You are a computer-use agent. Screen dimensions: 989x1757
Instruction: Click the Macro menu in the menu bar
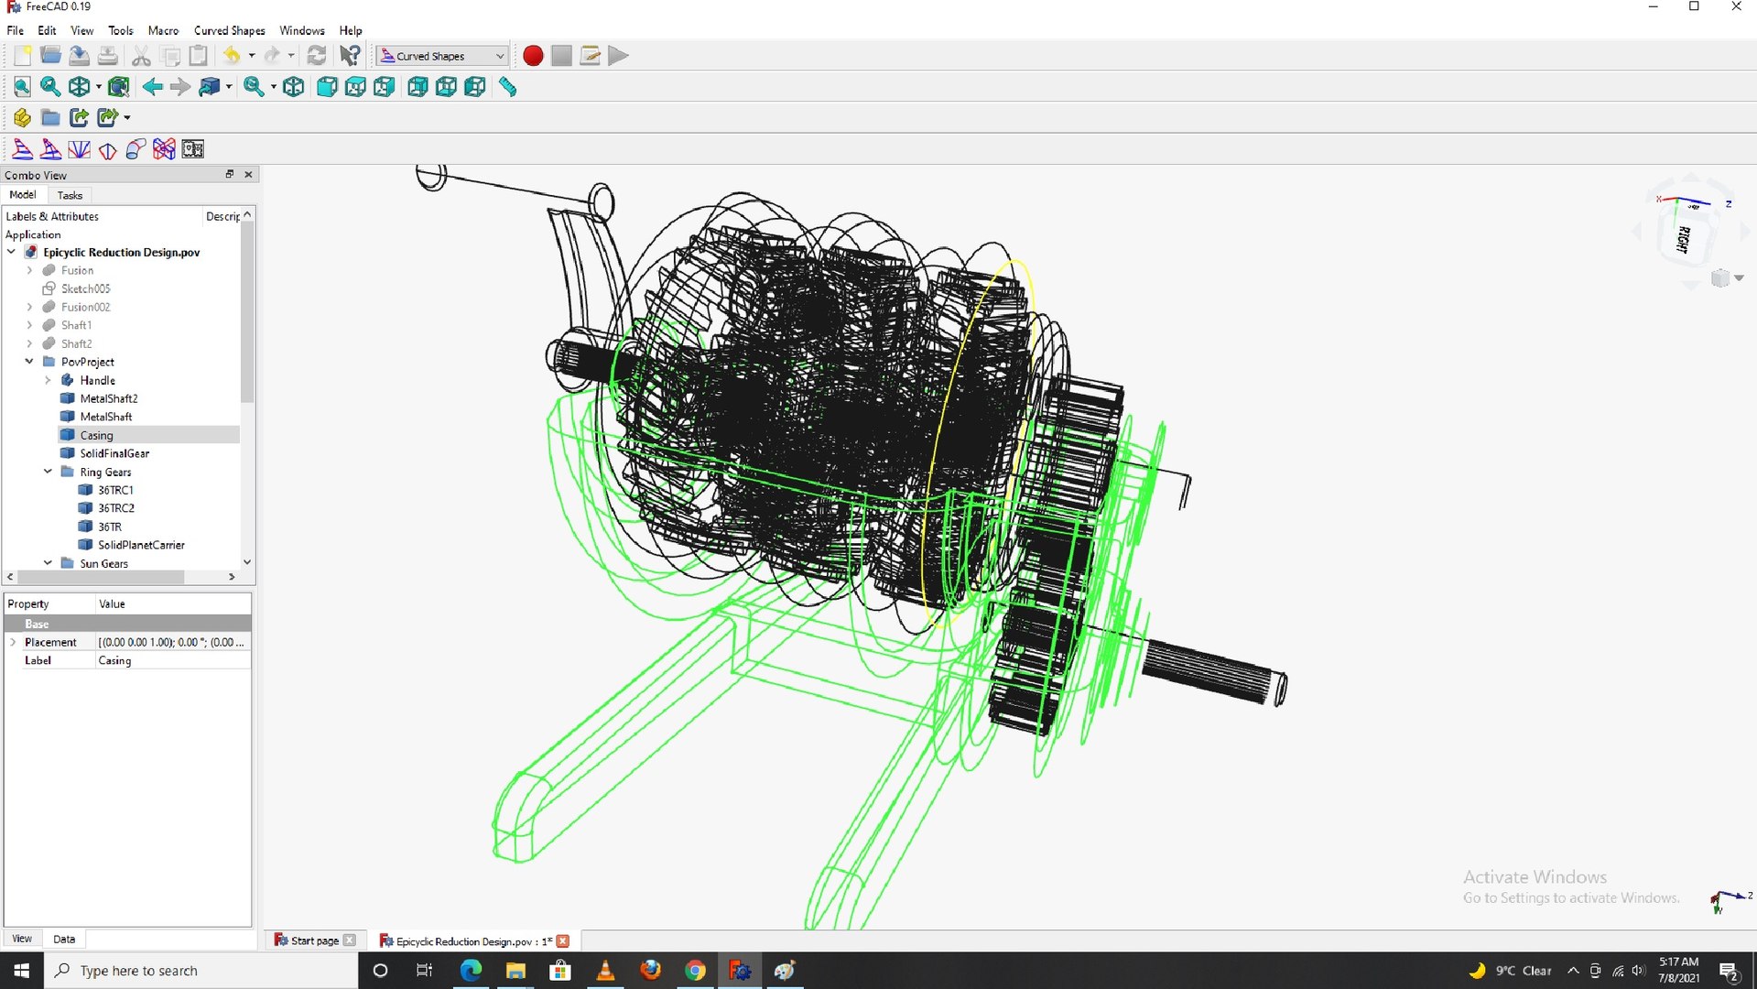tap(163, 30)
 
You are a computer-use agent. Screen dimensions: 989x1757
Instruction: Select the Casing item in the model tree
tap(96, 435)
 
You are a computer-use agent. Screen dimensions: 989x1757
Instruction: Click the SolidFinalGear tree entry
tap(114, 453)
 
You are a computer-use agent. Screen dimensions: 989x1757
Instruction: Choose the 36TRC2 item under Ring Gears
tap(115, 508)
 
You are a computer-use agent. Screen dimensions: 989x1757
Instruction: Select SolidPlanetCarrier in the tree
tap(141, 545)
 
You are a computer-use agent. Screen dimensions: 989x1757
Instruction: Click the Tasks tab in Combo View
tap(70, 195)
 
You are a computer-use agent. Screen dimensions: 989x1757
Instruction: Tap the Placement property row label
tap(50, 642)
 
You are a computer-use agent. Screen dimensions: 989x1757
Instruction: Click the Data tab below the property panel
tap(64, 939)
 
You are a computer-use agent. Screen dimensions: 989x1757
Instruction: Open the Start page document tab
tap(314, 940)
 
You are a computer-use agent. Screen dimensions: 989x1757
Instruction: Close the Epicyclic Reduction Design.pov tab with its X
tap(563, 940)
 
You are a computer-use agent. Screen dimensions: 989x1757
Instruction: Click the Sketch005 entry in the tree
tap(85, 288)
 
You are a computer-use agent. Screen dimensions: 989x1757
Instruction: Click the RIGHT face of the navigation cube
tap(1683, 239)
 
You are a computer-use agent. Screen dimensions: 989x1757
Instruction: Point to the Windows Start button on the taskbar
tap(21, 970)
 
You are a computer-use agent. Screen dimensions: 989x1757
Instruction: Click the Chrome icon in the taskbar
tap(695, 970)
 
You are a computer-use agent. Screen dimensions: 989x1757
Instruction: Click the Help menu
tap(350, 30)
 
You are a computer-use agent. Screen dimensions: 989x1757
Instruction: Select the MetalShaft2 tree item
tap(108, 398)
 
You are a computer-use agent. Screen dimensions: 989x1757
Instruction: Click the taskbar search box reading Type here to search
tap(201, 970)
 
